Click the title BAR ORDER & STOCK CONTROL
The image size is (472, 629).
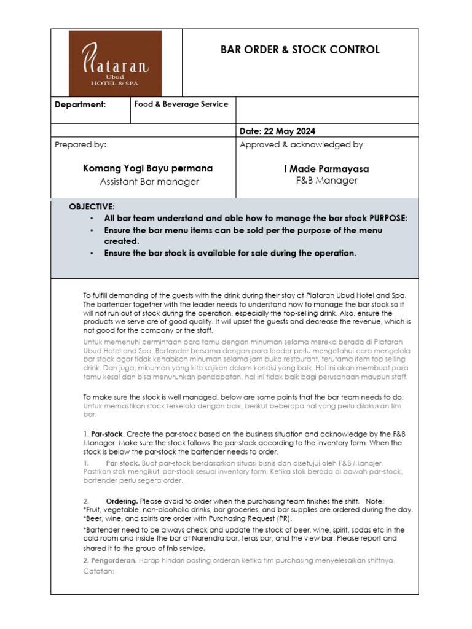[300, 50]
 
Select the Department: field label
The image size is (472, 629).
[80, 104]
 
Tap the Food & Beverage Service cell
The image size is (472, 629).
[181, 104]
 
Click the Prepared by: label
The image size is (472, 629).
[80, 144]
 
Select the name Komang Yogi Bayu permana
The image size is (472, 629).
[147, 168]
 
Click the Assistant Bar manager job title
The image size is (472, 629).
[149, 181]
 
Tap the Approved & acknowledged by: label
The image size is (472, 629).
[302, 144]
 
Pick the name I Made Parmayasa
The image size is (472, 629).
[326, 168]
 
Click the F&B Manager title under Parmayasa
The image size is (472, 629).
[326, 181]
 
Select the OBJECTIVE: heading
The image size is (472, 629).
[92, 207]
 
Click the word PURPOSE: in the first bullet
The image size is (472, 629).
[388, 218]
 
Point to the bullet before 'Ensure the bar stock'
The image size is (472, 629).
[91, 253]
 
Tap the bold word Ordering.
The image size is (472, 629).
[122, 501]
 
